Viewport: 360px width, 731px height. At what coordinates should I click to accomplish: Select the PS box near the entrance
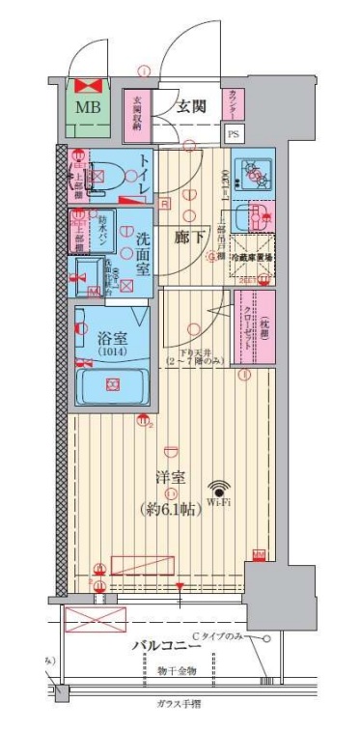pos(234,135)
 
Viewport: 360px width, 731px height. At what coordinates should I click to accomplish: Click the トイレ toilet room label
pos(142,175)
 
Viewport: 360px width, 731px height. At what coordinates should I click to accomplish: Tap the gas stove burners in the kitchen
pos(257,174)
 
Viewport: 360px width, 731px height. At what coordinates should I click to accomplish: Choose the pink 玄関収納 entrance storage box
pos(136,111)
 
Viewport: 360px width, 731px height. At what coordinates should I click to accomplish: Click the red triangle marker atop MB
pos(89,84)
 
